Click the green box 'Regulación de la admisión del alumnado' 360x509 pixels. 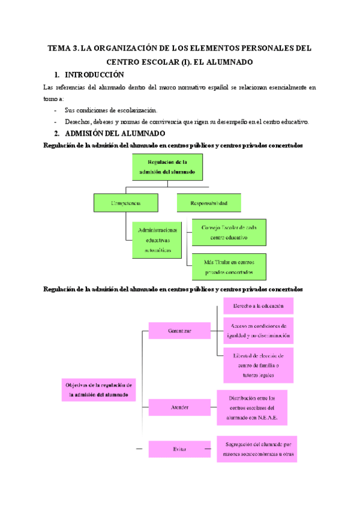coord(168,167)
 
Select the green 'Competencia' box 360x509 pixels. coord(126,203)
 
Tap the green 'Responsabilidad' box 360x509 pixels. coord(209,203)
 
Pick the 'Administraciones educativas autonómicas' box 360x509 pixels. coord(158,239)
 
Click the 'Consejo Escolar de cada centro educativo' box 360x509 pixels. coord(228,232)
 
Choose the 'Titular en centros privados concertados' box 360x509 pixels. coord(228,267)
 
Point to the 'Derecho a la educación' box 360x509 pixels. coord(258,306)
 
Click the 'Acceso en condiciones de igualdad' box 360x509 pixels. coord(258,330)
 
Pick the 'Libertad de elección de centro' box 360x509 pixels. coord(258,365)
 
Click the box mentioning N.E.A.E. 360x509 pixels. coord(252,407)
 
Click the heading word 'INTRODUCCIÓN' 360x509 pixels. coord(94,75)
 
